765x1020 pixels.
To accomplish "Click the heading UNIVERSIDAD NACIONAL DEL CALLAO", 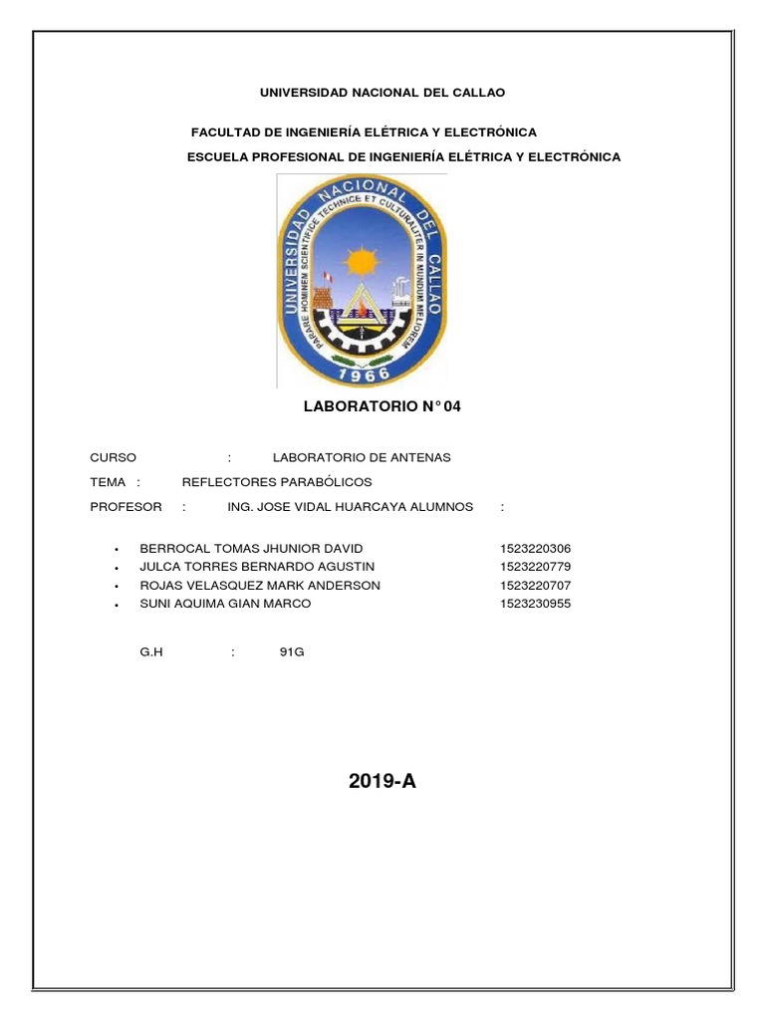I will (382, 93).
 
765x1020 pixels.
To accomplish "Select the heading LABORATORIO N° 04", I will (382, 406).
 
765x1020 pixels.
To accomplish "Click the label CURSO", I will (114, 457).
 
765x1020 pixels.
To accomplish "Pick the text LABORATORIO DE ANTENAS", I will (362, 457).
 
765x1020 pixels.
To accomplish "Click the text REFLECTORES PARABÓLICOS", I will (276, 482).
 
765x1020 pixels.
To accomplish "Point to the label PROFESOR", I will (126, 507).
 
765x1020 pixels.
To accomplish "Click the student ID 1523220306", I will (536, 549).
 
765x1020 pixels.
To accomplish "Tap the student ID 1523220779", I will (536, 567).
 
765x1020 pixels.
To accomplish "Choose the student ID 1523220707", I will (536, 585).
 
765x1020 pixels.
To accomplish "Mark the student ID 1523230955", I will (536, 604).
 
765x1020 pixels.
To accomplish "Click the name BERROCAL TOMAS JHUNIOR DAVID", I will (252, 549).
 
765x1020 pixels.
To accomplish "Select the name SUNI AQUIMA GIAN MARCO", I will (225, 604).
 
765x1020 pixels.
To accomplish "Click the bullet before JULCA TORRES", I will (118, 568).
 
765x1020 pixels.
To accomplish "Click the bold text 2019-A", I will (382, 782).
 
